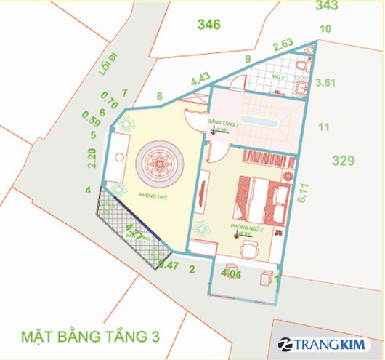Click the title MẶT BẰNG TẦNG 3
(x=89, y=337)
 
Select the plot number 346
(x=208, y=25)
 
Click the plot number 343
(x=327, y=7)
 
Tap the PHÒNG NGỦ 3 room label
(x=242, y=228)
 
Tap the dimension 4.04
(x=230, y=275)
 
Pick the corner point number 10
(x=325, y=29)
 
